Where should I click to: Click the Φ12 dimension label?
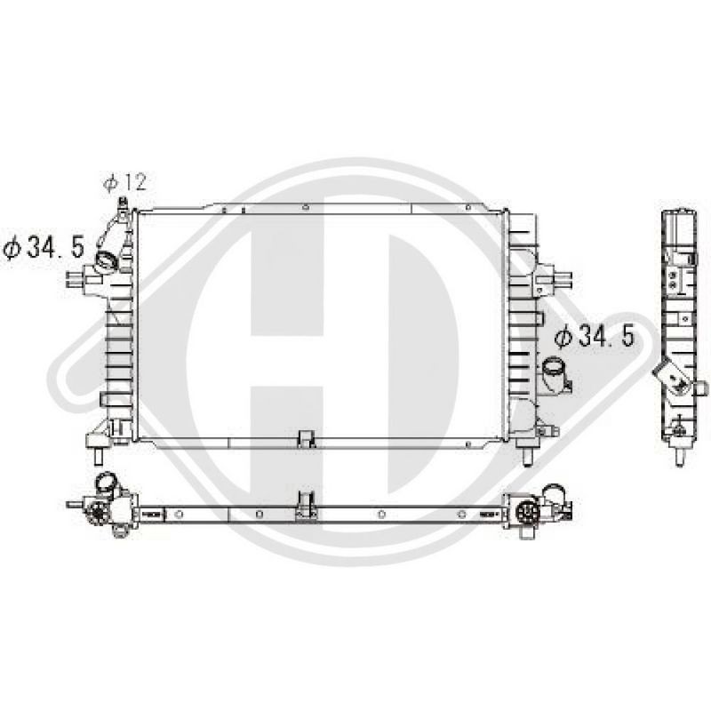125,182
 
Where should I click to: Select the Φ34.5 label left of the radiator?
44,248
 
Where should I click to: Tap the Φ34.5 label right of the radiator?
594,336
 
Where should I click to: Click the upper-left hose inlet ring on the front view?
107,260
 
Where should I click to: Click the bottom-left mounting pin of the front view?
99,456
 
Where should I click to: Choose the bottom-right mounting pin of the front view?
527,456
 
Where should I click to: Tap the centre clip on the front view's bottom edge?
307,438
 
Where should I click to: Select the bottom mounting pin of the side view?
679,457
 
